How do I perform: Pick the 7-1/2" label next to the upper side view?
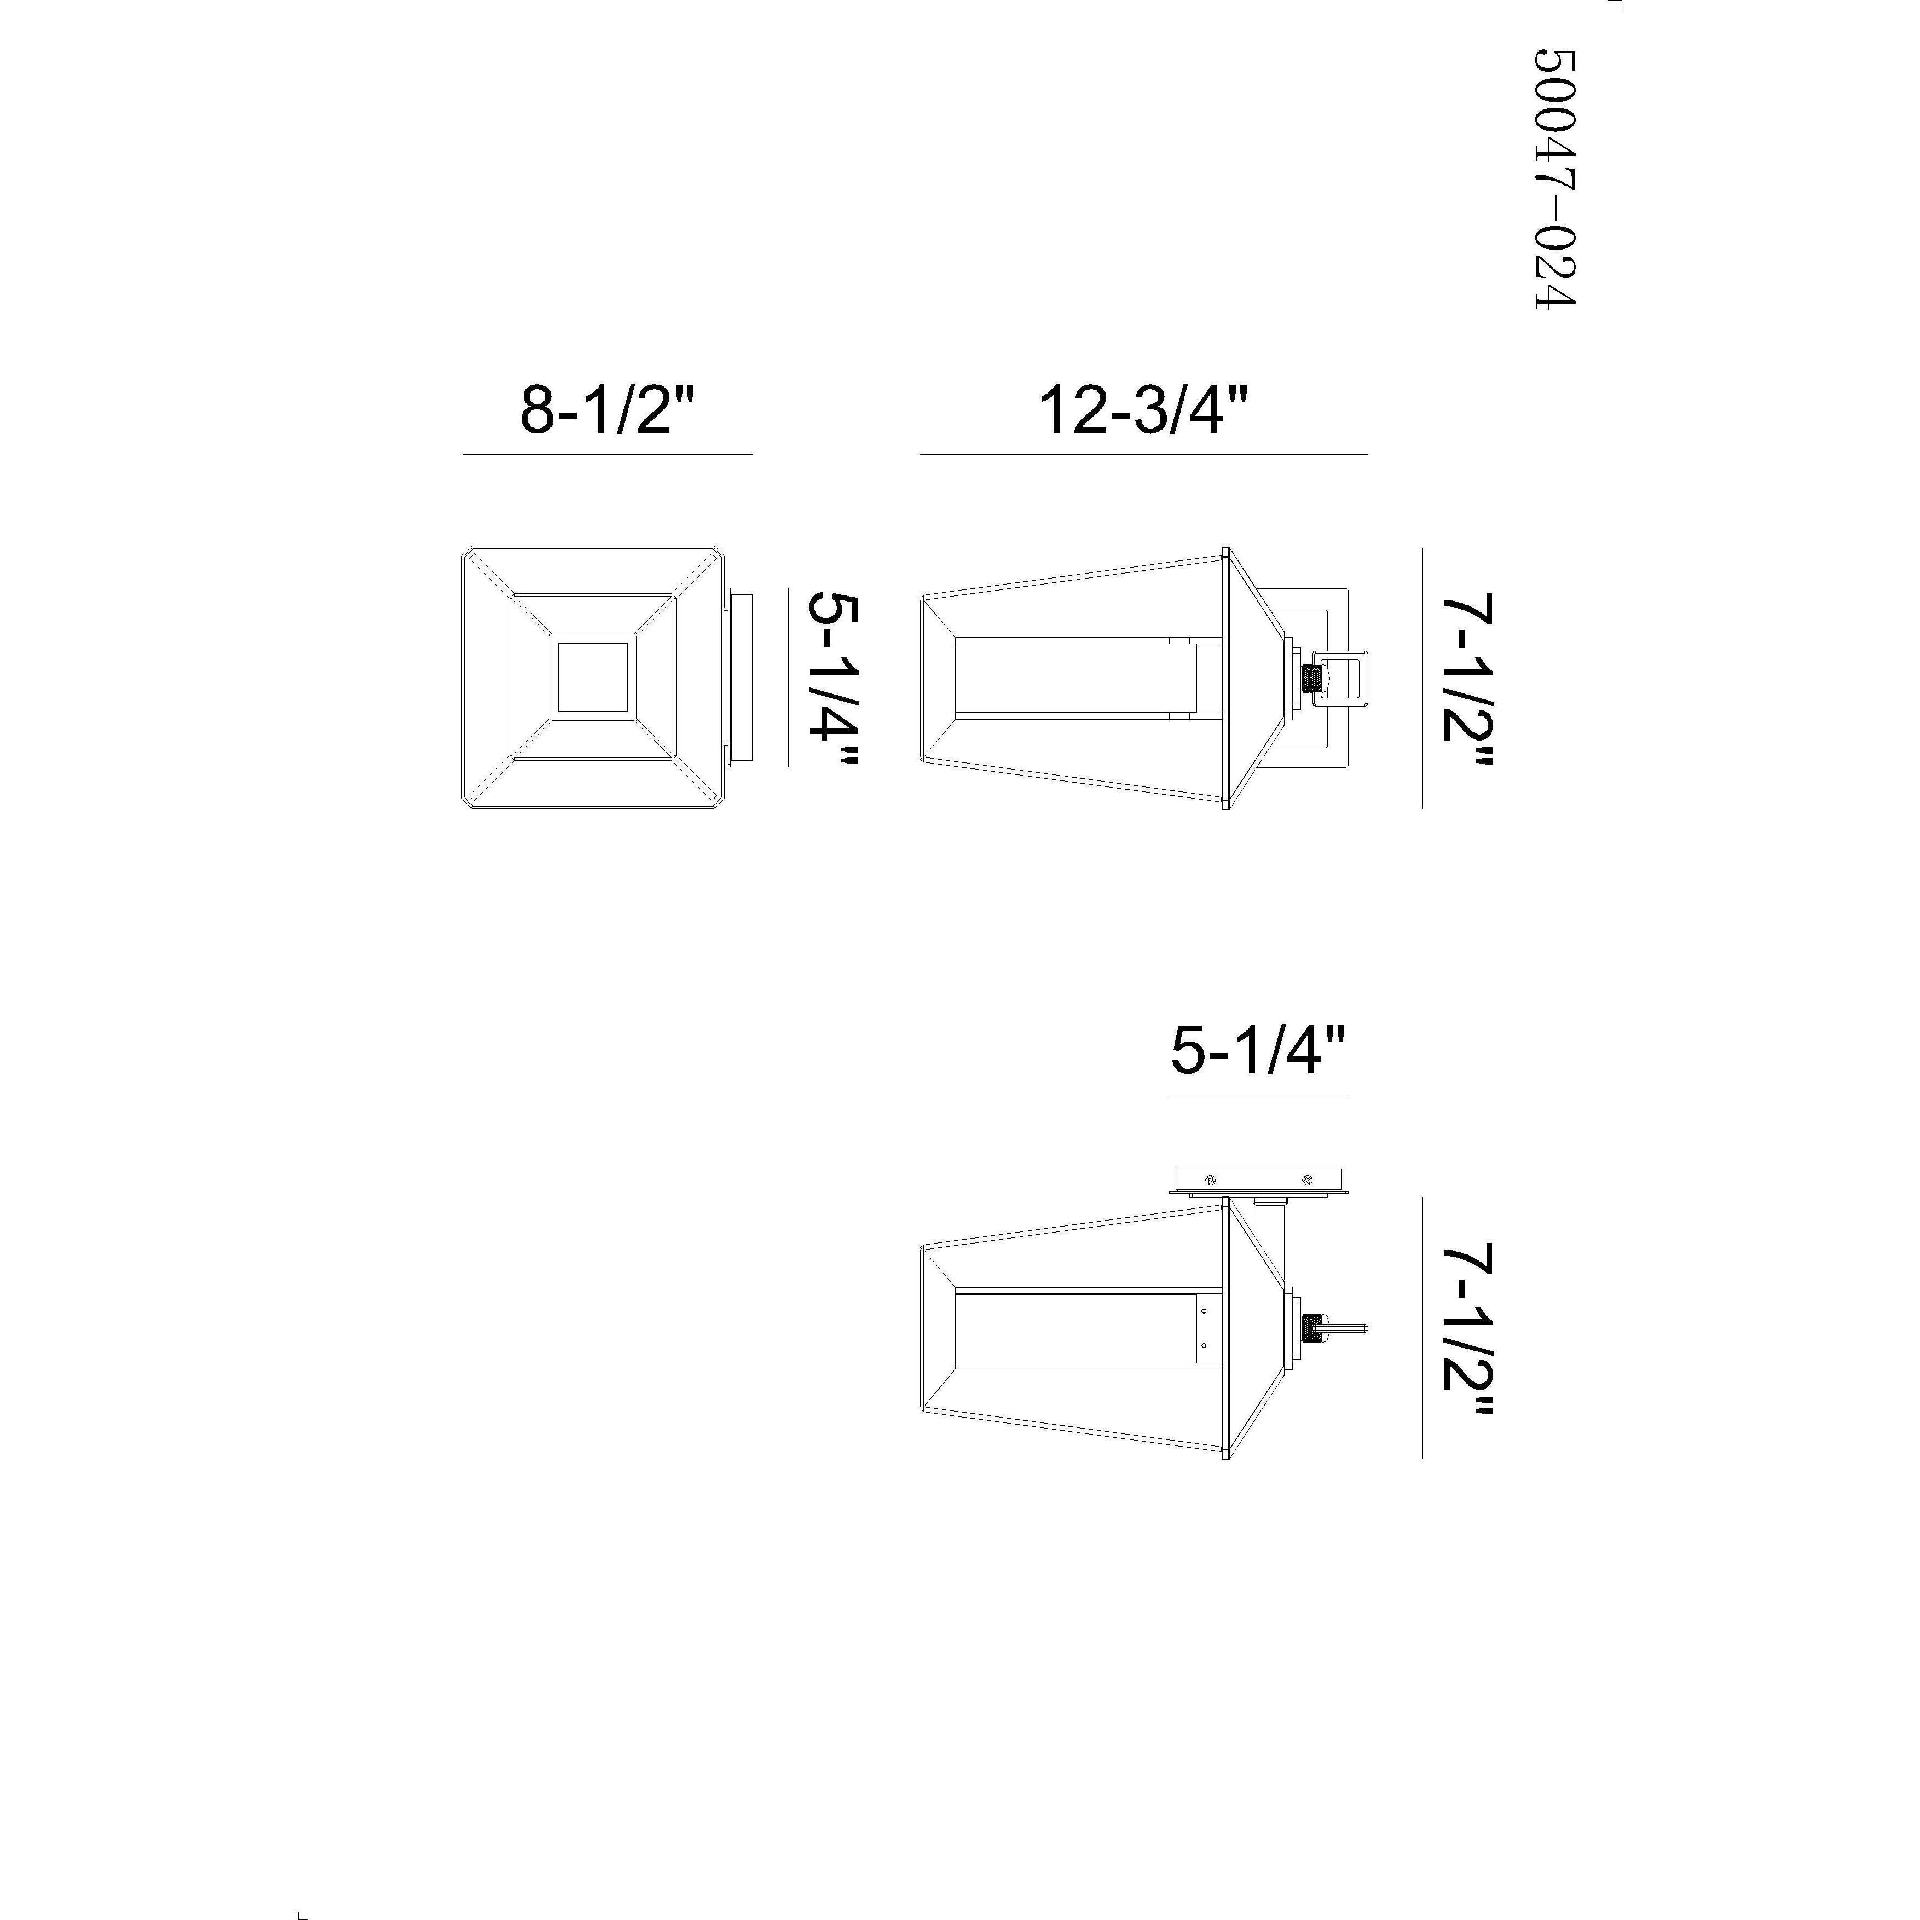click(x=1469, y=681)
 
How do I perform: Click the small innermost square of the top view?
click(x=592, y=677)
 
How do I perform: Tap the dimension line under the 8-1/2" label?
click(x=607, y=454)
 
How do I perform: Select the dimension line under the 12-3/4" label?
click(x=1143, y=454)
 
